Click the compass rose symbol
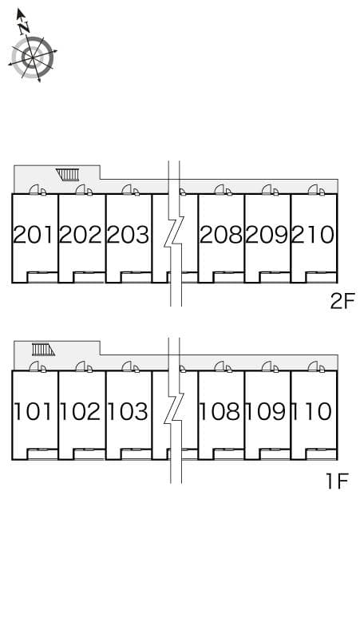click(x=32, y=57)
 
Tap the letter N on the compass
click(x=24, y=26)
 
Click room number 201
click(x=34, y=235)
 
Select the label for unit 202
click(x=81, y=235)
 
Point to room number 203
click(x=128, y=235)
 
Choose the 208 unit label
click(x=221, y=235)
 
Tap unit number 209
click(x=267, y=235)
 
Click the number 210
click(x=313, y=235)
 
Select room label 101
click(x=34, y=412)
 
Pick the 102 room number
click(x=81, y=412)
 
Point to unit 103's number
click(x=128, y=412)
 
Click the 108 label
click(x=221, y=412)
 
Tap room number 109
click(x=267, y=412)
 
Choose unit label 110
click(x=313, y=412)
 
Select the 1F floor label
click(x=338, y=481)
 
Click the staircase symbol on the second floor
click(x=69, y=174)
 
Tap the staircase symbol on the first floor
click(x=42, y=349)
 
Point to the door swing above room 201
click(x=37, y=189)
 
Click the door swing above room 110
click(x=315, y=366)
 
